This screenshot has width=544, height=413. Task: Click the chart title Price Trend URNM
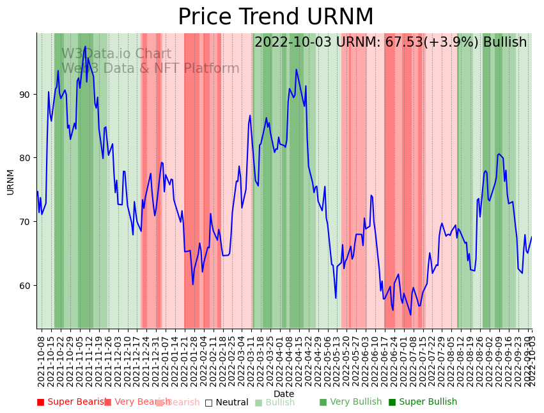[x=276, y=17]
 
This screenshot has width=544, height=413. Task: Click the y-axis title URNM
[x=10, y=182]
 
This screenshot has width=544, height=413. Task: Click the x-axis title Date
[x=284, y=394]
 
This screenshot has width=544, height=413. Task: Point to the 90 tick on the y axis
[x=25, y=94]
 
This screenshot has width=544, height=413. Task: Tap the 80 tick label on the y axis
[x=25, y=158]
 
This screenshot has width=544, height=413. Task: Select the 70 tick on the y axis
[x=25, y=222]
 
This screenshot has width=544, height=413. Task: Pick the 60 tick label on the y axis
[x=25, y=285]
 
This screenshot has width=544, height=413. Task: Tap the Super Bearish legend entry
[x=72, y=402]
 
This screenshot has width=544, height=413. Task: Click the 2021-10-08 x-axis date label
[x=42, y=360]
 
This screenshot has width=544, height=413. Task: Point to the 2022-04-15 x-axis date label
[x=299, y=360]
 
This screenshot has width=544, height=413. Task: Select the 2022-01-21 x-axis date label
[x=184, y=360]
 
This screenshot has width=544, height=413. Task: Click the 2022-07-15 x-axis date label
[x=422, y=360]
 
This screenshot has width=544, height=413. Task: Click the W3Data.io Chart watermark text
[x=116, y=54]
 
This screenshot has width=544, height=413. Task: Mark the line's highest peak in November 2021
[x=85, y=47]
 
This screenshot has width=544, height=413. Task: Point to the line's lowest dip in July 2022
[x=410, y=314]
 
